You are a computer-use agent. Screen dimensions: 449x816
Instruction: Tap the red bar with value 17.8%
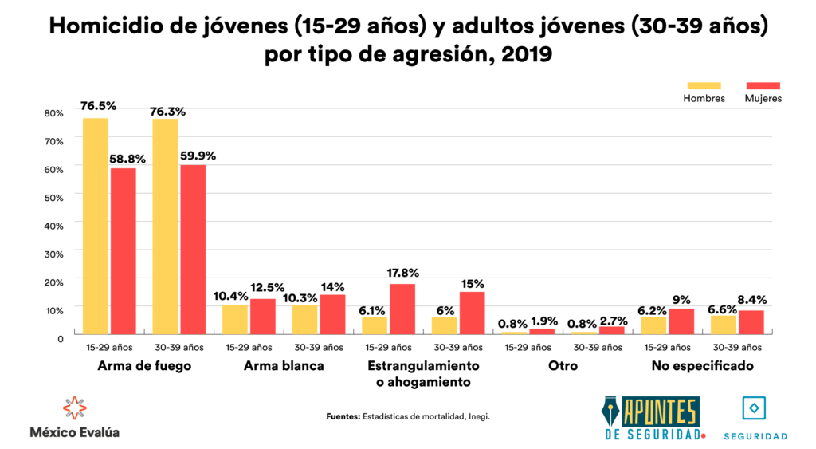click(x=402, y=309)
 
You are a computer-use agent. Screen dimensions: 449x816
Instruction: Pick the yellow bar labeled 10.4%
click(x=235, y=319)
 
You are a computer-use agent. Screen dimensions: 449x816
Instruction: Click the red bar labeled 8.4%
click(x=751, y=321)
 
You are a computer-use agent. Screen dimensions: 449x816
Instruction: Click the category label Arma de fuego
click(x=144, y=366)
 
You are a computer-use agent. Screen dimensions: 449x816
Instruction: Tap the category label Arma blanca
click(x=284, y=366)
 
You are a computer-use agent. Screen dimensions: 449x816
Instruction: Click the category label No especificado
click(x=702, y=366)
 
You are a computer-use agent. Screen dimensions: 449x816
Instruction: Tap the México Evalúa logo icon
click(x=74, y=408)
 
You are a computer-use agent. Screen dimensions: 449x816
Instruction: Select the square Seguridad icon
click(x=754, y=408)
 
